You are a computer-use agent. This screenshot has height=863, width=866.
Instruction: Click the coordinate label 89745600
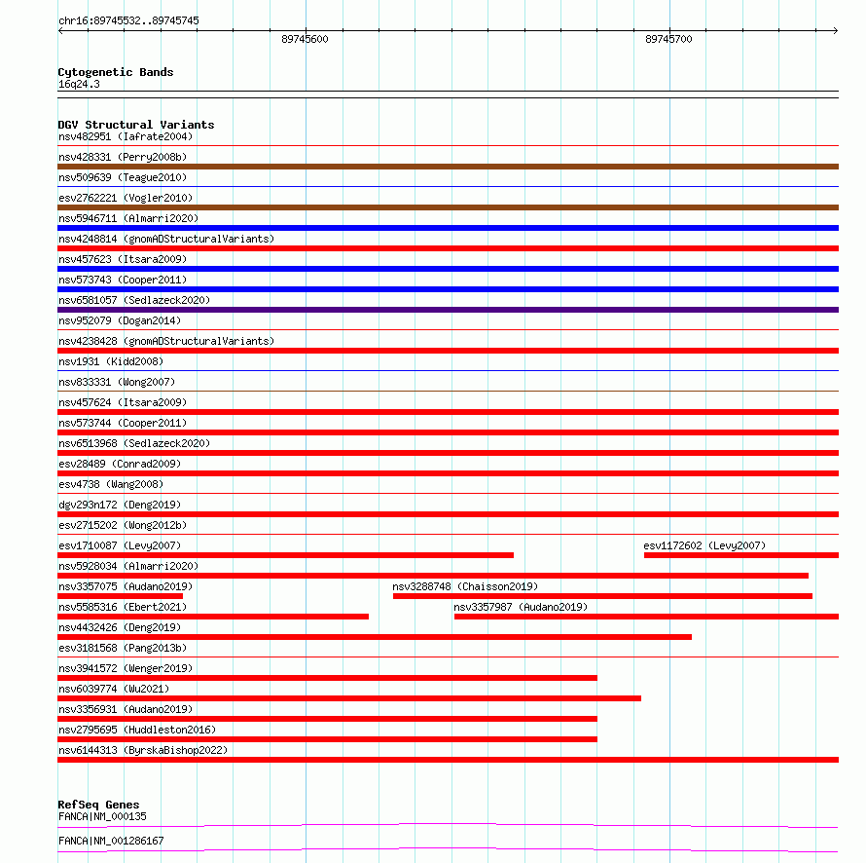coord(305,39)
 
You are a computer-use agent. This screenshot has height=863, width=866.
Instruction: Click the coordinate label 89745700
coord(668,39)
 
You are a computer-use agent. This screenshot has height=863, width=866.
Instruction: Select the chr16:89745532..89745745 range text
coord(129,20)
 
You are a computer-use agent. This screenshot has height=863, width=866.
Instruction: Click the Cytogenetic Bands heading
coord(115,72)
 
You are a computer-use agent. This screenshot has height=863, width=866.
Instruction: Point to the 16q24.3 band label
coord(79,84)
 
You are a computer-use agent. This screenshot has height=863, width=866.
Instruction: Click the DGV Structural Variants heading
coord(135,125)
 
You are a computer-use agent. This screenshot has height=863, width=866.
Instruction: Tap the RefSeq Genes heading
coord(98,806)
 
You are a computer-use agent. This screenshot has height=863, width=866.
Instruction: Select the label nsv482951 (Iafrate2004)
coord(126,136)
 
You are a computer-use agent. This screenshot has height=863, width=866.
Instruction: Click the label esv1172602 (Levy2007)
coord(704,545)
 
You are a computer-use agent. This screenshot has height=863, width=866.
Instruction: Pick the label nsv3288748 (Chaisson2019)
coord(465,586)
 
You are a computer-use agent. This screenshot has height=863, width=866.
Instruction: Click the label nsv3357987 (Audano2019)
coord(521,607)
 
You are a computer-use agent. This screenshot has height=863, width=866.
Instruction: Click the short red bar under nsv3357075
coord(120,596)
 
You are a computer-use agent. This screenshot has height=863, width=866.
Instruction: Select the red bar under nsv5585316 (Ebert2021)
coord(213,617)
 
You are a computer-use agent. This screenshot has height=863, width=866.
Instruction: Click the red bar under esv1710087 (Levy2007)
coord(285,555)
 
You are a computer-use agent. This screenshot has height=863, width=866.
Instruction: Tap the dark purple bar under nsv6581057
coord(448,310)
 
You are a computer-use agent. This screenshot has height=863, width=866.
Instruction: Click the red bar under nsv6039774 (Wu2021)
coord(349,698)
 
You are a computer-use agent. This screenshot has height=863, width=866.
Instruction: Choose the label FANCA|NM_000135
coord(102,816)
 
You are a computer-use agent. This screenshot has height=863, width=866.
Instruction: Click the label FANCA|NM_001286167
coord(111,841)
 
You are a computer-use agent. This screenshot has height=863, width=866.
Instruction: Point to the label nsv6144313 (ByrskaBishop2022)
coord(143,750)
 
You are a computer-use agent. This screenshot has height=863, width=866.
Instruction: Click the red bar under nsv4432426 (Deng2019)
coord(375,637)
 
